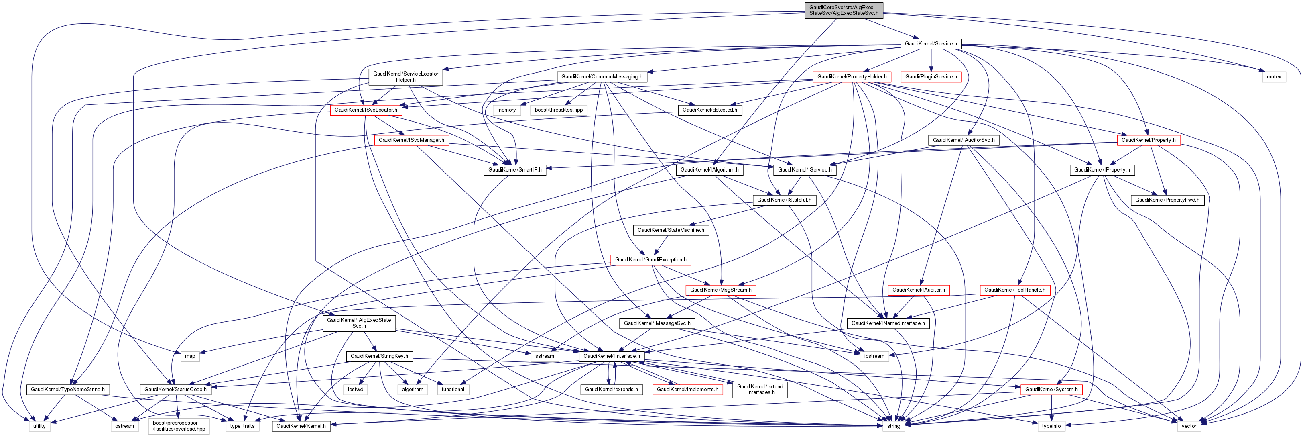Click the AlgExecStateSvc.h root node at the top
tap(843, 10)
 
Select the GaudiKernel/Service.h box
tap(931, 43)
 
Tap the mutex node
tap(1274, 76)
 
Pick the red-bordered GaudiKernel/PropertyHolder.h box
tap(852, 76)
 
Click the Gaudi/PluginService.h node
tap(931, 76)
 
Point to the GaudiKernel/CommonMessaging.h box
tap(602, 76)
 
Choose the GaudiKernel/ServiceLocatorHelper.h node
tap(406, 76)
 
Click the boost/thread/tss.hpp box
tap(559, 110)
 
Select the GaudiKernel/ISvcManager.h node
tap(411, 140)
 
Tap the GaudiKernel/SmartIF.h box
tap(514, 169)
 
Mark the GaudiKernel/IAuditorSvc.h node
tap(963, 140)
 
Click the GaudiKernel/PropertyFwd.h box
tap(1167, 200)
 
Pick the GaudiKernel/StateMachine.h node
tap(670, 230)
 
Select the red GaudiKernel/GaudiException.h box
tap(650, 260)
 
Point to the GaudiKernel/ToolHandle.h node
tap(1015, 290)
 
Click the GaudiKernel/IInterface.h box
tap(612, 356)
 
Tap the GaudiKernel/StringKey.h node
tap(379, 356)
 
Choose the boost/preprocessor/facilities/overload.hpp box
tap(179, 425)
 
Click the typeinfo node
tap(1051, 426)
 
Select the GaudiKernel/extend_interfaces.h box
tap(760, 389)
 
